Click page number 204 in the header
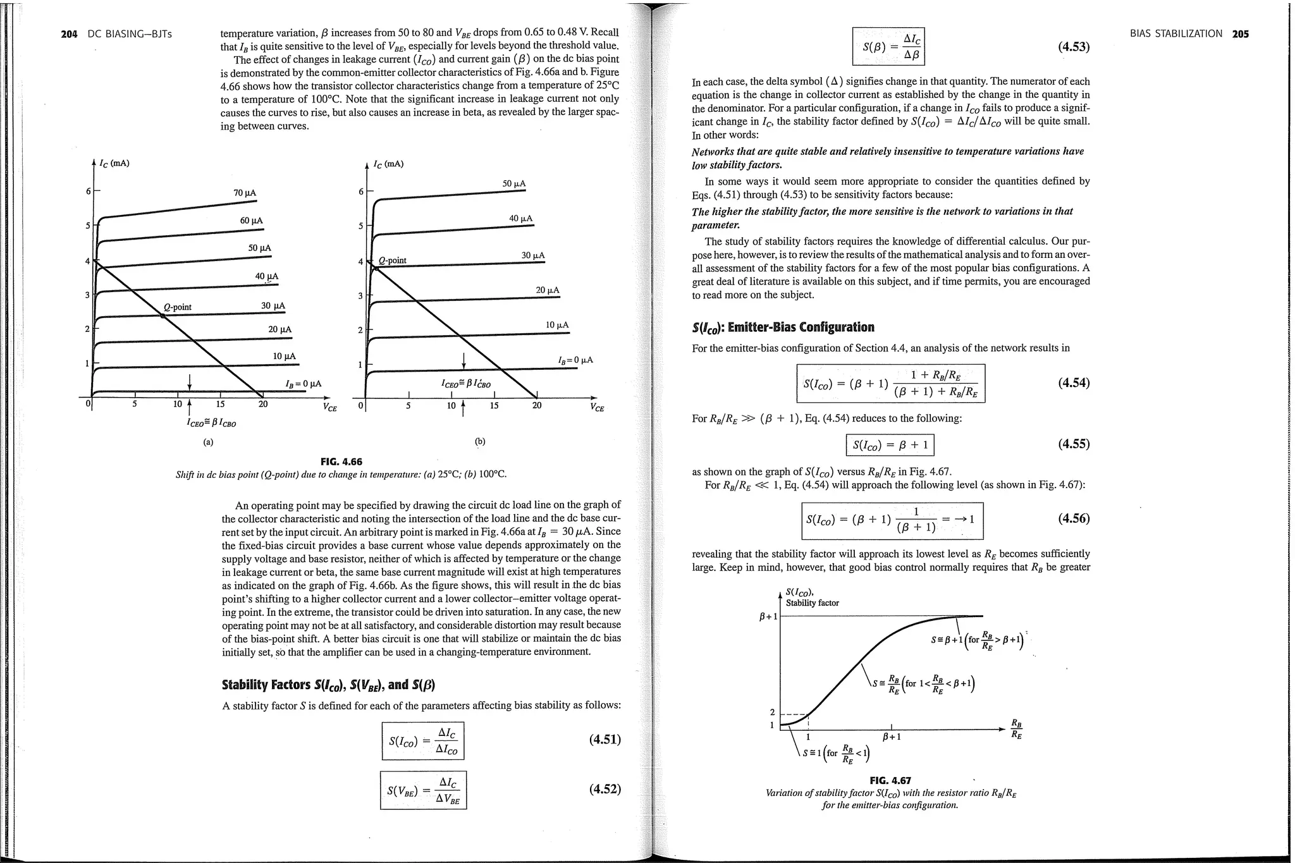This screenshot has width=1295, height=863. coord(69,34)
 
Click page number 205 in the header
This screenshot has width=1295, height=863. coord(1240,34)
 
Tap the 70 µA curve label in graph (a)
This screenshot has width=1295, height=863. coord(245,193)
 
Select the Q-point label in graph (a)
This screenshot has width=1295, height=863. coord(177,307)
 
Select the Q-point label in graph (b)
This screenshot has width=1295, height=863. coord(392,260)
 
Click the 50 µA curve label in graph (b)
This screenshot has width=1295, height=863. coord(513,184)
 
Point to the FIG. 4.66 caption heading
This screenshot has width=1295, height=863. coord(341,462)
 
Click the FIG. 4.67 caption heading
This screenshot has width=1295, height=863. coord(890,781)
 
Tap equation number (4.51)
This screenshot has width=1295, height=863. coord(605,739)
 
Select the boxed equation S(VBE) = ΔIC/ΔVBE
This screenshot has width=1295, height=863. coord(423,790)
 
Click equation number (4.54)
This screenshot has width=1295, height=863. coord(1074,383)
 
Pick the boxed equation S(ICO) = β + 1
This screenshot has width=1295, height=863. coord(890,445)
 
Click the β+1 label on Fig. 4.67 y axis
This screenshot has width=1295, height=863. coord(768,616)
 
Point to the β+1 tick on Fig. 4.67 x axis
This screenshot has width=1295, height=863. coord(892,737)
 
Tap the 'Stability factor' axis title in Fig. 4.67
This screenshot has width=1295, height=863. coord(812,603)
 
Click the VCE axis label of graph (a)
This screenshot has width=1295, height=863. coord(329,408)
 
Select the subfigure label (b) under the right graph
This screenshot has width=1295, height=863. coord(480,441)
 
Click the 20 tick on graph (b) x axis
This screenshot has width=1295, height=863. coord(536,406)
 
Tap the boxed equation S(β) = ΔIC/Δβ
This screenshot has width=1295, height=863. coord(888,46)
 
